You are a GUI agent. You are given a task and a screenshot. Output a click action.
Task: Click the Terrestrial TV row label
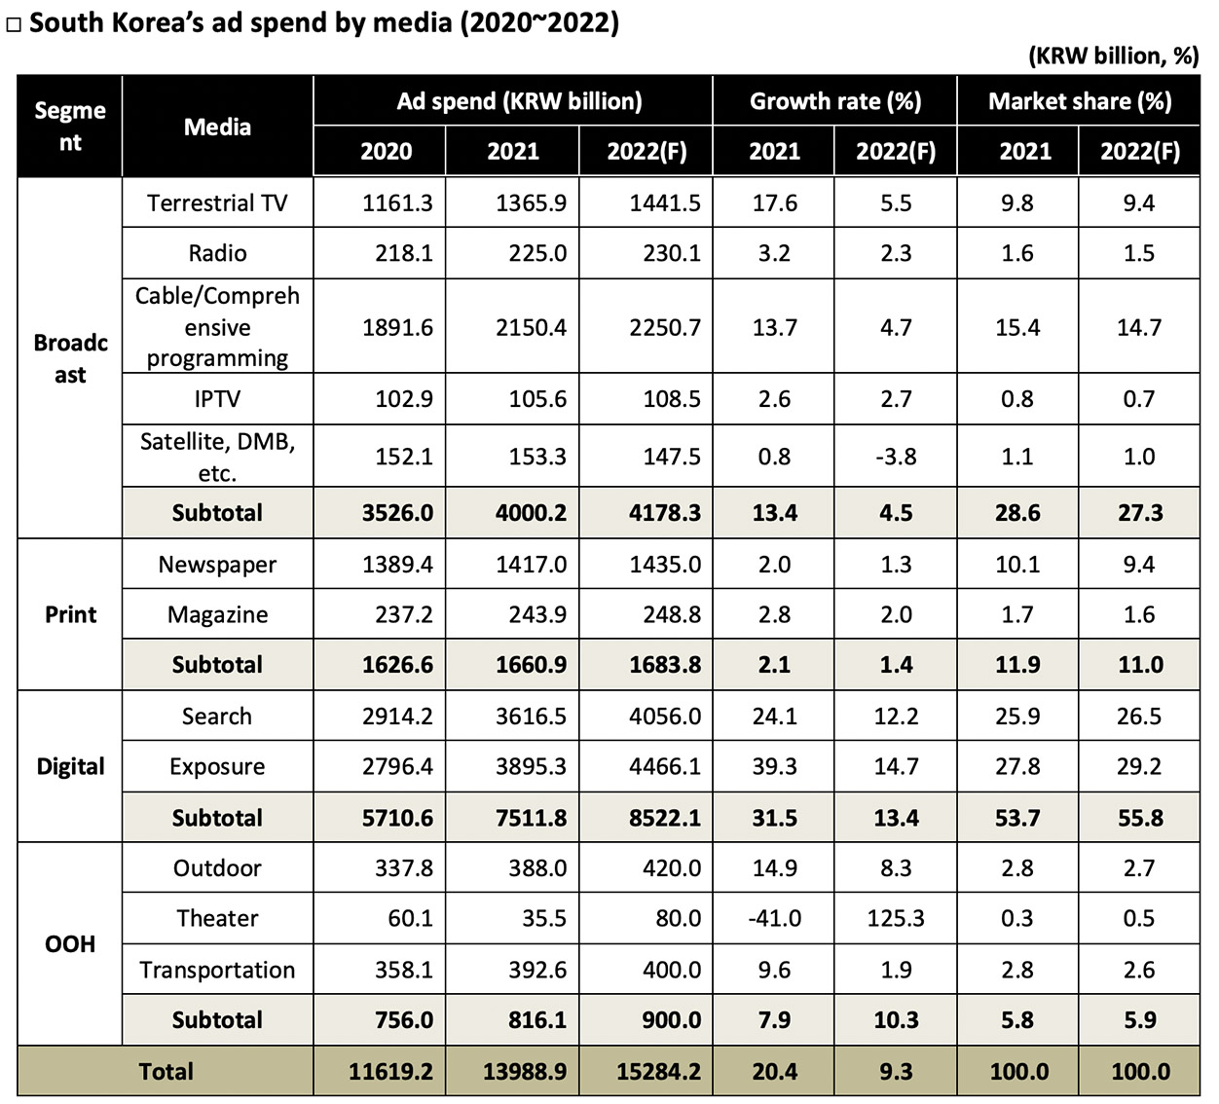pos(217,202)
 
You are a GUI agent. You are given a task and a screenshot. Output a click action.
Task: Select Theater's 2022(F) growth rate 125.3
pos(896,918)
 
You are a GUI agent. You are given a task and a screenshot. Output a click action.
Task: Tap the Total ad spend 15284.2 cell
pos(658,1072)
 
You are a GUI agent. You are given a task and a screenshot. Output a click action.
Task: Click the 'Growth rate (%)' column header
pos(834,101)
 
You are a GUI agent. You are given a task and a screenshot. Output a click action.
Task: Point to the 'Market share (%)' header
pos(1079,101)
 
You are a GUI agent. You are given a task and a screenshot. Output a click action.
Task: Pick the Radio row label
pos(217,253)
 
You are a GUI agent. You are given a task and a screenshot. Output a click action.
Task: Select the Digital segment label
pos(70,766)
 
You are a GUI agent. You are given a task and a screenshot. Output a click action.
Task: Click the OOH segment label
pos(70,943)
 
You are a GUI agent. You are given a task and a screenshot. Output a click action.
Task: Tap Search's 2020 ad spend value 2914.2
pos(397,717)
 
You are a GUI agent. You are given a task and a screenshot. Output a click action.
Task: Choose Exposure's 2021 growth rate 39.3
pos(775,766)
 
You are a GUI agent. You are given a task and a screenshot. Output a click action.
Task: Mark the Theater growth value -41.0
pos(775,918)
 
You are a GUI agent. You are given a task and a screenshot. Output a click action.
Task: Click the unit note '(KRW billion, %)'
pos(1113,55)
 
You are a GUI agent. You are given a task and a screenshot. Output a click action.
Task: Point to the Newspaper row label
pos(217,565)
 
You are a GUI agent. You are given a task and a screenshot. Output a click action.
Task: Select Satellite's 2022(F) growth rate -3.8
pos(896,457)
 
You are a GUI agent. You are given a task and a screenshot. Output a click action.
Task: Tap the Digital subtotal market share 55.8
pos(1140,818)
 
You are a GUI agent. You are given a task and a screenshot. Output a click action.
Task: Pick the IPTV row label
pos(217,398)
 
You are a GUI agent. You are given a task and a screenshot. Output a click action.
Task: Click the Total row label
pos(166,1072)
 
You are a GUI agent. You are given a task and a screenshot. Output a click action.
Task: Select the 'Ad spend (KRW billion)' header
pos(519,101)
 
